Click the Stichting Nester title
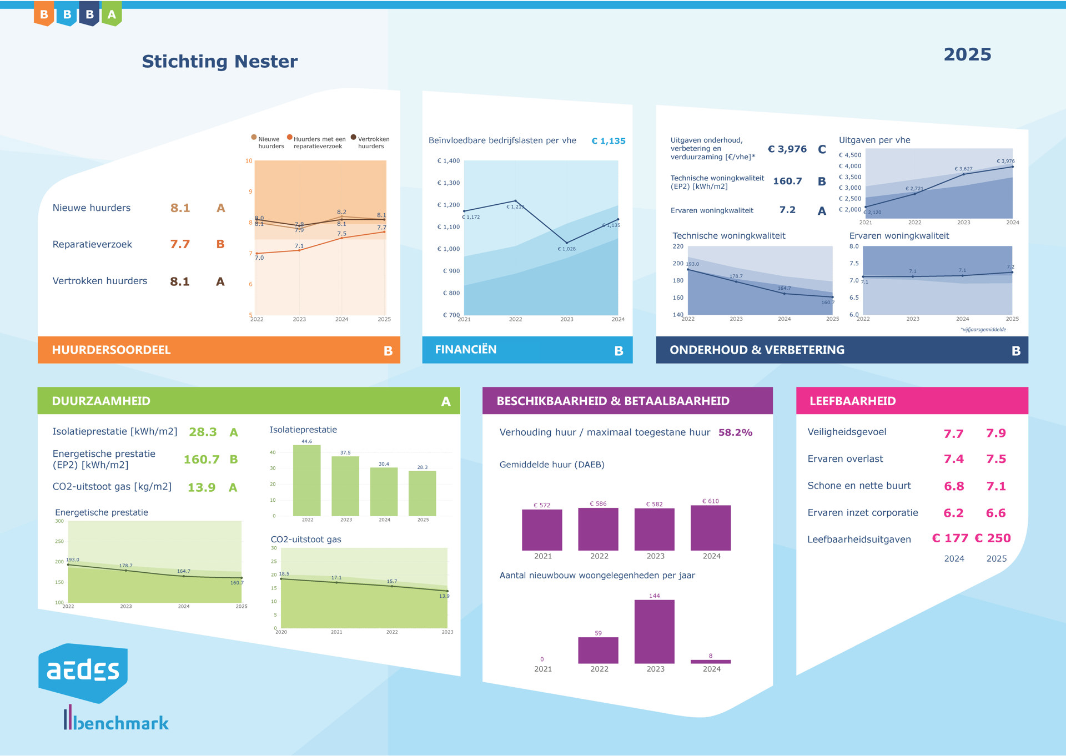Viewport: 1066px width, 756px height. coord(219,61)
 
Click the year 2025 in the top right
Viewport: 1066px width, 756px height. coord(967,54)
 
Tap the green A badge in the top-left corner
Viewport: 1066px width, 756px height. coord(112,14)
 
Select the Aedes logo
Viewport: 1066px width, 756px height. coord(83,672)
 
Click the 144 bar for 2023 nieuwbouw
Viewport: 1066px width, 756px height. coord(654,632)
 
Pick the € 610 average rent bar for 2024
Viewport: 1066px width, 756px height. coord(710,528)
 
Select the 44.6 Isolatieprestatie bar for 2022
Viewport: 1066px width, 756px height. coord(306,481)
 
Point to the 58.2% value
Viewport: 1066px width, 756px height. coord(735,432)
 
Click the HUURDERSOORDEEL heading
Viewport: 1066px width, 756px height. coord(111,350)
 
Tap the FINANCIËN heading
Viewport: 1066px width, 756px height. coord(465,350)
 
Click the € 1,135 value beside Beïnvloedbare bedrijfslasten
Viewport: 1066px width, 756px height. coord(608,141)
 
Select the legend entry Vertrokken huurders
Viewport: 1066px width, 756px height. coord(373,143)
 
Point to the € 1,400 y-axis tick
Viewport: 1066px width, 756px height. coord(449,161)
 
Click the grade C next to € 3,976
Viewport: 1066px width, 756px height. coord(822,149)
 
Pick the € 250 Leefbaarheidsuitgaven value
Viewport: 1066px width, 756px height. coord(993,538)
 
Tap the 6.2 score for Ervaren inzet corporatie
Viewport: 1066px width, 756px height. coord(953,513)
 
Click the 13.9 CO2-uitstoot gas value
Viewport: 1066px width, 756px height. coord(201,487)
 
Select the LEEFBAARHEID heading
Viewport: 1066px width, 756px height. coord(852,401)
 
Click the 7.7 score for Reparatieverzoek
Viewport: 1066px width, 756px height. coord(180,244)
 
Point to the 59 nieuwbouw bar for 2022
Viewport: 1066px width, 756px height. coord(598,650)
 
